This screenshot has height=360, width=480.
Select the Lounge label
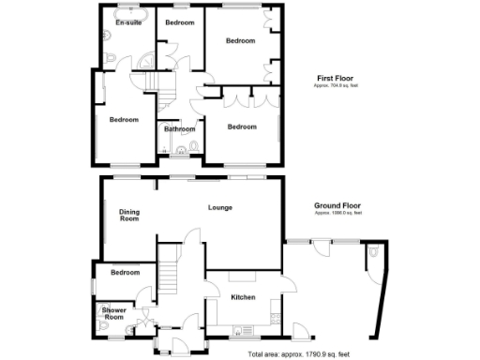pyautogui.click(x=220, y=207)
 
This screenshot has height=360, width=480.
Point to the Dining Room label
pyautogui.click(x=128, y=215)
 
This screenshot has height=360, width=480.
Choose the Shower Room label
pyautogui.click(x=113, y=313)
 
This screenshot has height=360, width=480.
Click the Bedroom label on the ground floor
pyautogui.click(x=124, y=273)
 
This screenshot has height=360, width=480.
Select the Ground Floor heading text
pyautogui.click(x=338, y=206)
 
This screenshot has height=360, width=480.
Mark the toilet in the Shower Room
pyautogui.click(x=100, y=325)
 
